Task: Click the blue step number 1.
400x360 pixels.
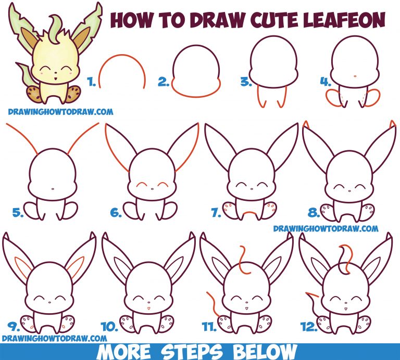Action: (91, 82)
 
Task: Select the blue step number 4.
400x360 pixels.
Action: (326, 82)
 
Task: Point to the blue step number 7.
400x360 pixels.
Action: (216, 212)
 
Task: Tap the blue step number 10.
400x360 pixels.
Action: (110, 327)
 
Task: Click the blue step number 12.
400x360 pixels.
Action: (309, 327)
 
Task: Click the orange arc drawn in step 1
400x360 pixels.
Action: (122, 55)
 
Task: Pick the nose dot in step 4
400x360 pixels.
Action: (355, 75)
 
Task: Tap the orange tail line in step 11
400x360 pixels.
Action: (213, 304)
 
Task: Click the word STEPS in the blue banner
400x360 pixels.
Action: (192, 352)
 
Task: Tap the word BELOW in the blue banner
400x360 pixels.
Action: (265, 352)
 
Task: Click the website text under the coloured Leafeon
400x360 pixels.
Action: (60, 112)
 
